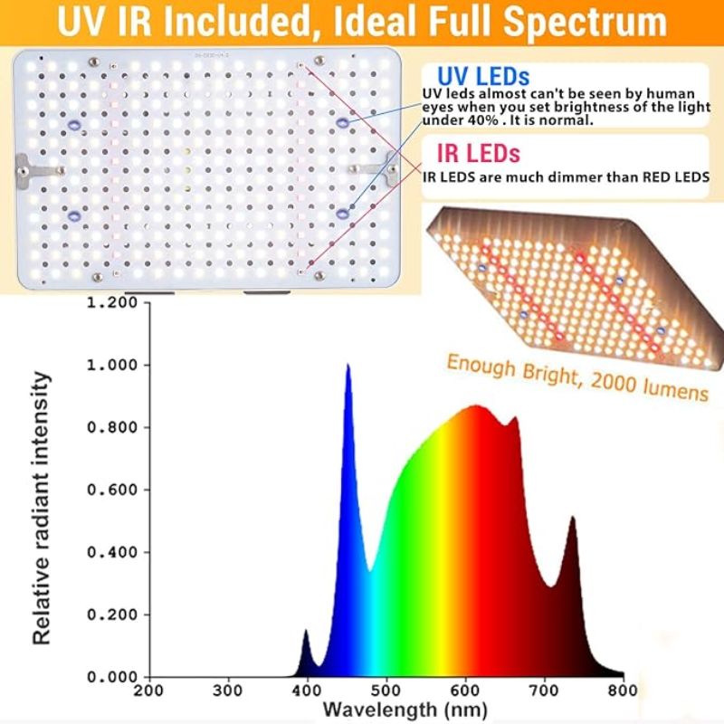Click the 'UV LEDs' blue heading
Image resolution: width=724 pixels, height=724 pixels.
482,75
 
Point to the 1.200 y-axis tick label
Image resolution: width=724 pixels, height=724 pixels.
112,302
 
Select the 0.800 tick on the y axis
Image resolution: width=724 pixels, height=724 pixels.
112,427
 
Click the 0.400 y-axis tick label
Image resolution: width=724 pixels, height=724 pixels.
112,552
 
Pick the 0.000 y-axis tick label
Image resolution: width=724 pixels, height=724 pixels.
112,677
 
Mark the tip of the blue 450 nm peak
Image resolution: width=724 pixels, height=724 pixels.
348,367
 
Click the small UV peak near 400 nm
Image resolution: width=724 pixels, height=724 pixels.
306,631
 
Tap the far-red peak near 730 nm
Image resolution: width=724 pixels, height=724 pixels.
573,519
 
